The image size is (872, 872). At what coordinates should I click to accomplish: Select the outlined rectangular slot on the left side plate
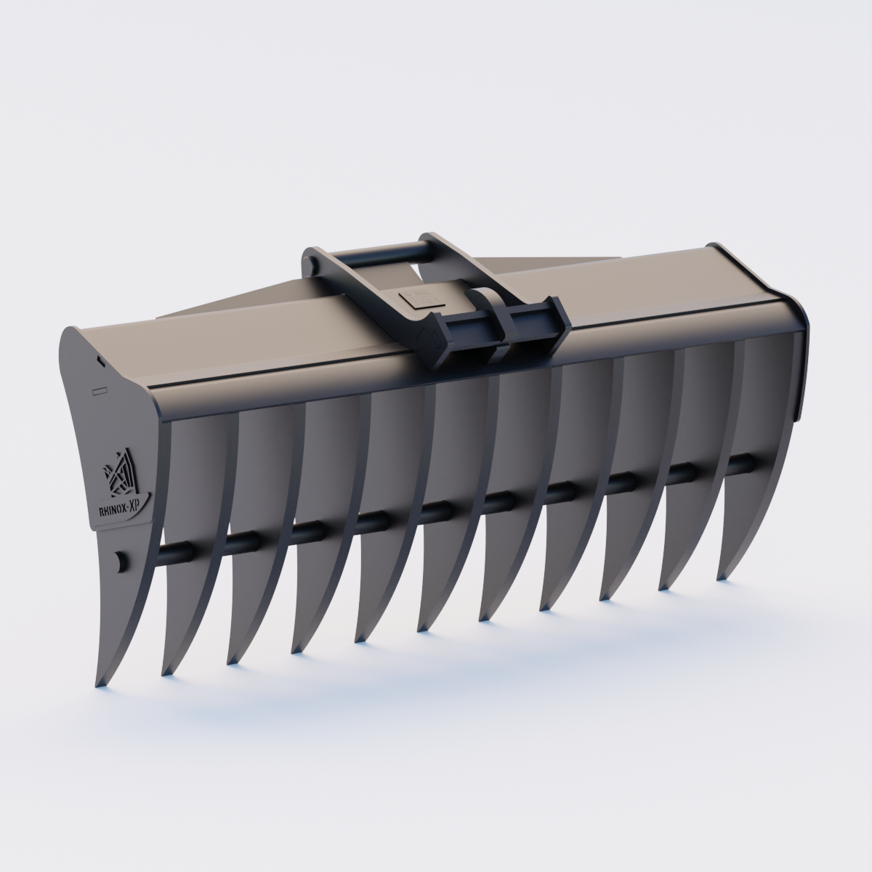point(100,390)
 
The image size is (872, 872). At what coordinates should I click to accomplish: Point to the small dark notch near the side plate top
point(100,358)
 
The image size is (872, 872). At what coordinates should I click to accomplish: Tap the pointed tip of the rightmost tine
point(721,578)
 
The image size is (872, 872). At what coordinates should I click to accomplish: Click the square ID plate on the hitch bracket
point(416,298)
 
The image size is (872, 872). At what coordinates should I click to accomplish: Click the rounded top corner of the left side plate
point(73,334)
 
